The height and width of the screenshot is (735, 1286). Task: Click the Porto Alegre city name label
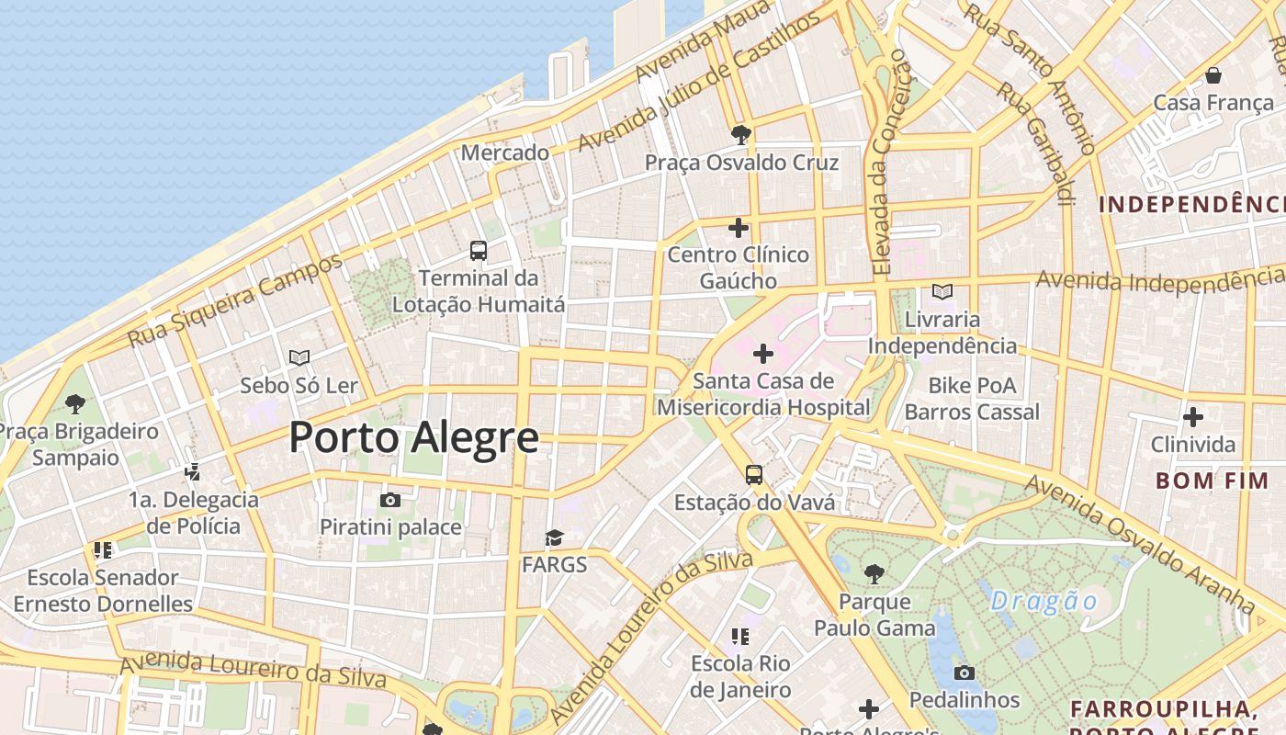(413, 437)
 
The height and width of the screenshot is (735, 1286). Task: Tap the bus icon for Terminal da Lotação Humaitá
(478, 250)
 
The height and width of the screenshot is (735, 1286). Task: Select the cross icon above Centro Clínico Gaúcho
(739, 228)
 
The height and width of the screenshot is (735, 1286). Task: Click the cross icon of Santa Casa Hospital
(762, 353)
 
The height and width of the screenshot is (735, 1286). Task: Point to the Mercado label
(504, 153)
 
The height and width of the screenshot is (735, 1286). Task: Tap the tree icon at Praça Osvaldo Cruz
(740, 136)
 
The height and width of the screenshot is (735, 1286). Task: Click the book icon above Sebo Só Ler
(299, 357)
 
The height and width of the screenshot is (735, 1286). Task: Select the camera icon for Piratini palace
(390, 501)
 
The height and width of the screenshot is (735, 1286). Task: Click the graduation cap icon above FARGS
(554, 537)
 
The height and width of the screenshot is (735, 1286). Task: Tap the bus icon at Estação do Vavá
(753, 475)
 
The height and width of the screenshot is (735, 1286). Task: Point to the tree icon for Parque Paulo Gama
(874, 574)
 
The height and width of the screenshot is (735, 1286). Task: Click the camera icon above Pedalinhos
(964, 673)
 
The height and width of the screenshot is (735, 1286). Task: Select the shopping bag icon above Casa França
(1213, 75)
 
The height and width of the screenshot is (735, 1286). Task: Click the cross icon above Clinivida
(1192, 417)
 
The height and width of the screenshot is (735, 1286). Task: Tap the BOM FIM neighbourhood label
(1212, 480)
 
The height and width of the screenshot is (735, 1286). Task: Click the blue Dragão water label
(1044, 602)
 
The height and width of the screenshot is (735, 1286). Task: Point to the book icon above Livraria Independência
(942, 292)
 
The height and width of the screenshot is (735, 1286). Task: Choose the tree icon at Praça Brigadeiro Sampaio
(75, 403)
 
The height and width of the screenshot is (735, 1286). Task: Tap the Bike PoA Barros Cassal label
(972, 398)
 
